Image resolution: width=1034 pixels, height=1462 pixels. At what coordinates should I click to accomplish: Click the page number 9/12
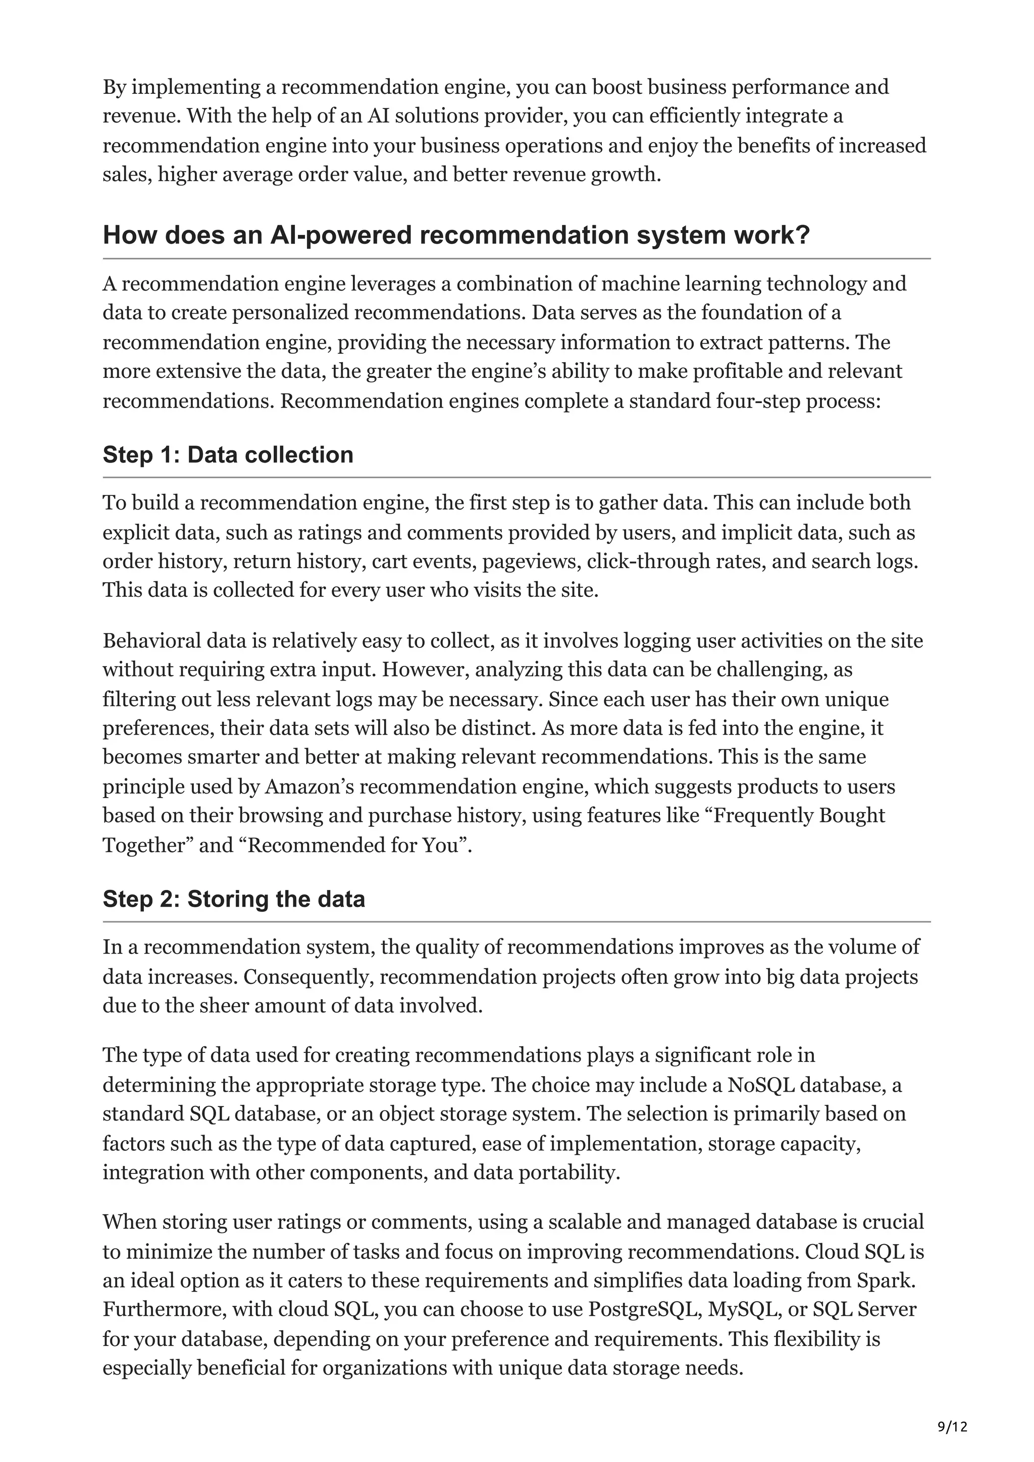952,1409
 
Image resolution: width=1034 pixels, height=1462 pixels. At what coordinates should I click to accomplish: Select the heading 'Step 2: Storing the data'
234,898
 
